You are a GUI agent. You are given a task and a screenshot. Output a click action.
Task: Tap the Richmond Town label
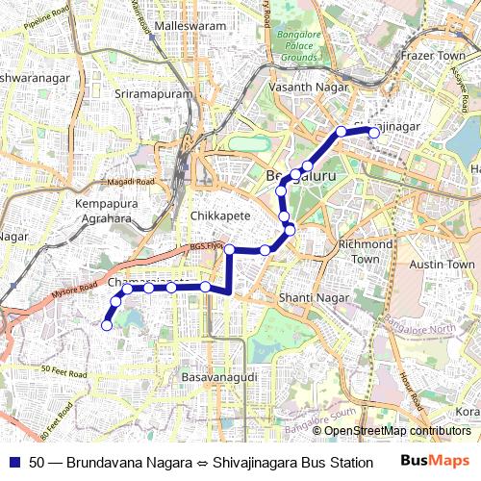[366, 251]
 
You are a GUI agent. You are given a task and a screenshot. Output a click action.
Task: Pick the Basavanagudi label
[219, 378]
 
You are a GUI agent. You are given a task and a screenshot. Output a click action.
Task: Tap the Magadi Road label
[132, 182]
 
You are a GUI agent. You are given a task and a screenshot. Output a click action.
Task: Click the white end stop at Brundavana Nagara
[107, 325]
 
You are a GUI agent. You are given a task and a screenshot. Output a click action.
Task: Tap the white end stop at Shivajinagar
[374, 134]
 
